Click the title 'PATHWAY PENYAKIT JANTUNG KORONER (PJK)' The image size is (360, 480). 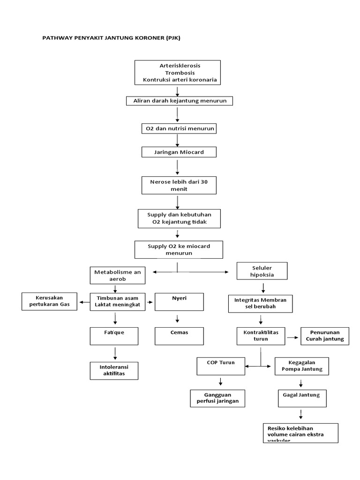tap(111, 38)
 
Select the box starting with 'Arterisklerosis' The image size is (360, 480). tap(177, 73)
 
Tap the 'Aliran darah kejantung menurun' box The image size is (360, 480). tap(180, 101)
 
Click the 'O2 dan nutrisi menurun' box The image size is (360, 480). tap(179, 128)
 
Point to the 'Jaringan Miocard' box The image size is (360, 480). tap(179, 152)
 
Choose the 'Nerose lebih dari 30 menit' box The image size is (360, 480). tap(179, 185)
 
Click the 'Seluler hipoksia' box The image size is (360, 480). tap(262, 271)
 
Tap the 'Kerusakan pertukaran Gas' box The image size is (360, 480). tap(50, 301)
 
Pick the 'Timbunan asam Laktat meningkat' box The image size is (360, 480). tap(118, 302)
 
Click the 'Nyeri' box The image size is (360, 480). tap(179, 302)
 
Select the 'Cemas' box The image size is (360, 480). tap(179, 336)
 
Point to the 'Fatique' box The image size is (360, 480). tap(114, 336)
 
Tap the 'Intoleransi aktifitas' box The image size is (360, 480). tap(114, 370)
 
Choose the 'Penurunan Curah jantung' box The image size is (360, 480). tap(324, 336)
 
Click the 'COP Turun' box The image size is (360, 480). tap(221, 366)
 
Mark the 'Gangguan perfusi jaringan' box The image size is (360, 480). tap(217, 398)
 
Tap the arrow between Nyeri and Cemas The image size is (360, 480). tap(177, 319)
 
